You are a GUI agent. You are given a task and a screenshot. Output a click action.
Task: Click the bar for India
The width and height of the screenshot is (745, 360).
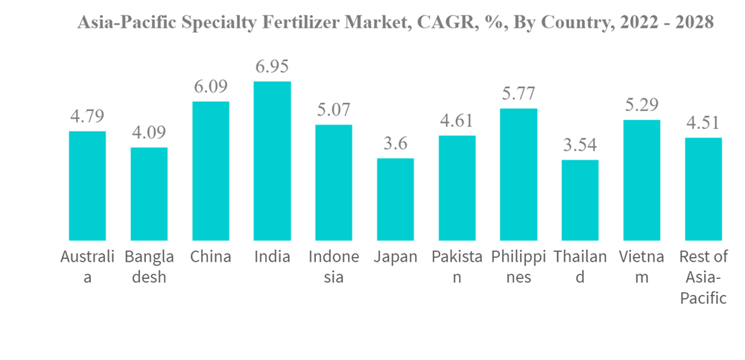click(272, 161)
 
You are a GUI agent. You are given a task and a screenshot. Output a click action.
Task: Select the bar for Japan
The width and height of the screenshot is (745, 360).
click(395, 199)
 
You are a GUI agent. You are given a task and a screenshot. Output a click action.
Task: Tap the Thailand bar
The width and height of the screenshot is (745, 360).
click(580, 200)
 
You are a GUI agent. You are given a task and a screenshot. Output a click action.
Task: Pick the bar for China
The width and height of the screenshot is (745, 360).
click(211, 171)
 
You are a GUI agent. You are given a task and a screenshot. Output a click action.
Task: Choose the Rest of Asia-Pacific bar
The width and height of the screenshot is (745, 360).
click(703, 189)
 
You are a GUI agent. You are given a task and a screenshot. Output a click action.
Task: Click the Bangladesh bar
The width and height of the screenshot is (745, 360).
click(149, 194)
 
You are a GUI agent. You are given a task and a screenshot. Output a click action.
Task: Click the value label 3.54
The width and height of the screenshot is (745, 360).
click(580, 145)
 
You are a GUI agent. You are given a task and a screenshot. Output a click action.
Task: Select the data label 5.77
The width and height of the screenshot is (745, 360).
click(518, 94)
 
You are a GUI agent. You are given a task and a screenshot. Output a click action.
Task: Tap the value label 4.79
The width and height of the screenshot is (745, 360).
click(87, 116)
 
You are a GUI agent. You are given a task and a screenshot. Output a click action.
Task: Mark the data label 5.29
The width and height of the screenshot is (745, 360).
click(641, 105)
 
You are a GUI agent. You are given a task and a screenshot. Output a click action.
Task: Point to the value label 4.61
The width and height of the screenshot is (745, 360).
click(457, 121)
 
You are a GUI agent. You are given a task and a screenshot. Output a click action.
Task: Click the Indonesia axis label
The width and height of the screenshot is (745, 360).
click(334, 267)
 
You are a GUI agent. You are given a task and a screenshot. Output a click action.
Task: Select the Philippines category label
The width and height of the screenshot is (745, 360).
click(518, 267)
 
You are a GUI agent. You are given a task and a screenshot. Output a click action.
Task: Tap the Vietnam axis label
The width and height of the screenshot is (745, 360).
click(641, 267)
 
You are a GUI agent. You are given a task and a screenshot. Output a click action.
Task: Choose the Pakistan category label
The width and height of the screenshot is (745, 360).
click(457, 267)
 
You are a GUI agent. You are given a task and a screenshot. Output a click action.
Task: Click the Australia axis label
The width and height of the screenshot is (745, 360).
click(87, 267)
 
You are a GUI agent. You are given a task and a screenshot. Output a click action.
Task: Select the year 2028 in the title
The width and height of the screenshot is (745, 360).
click(694, 23)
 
